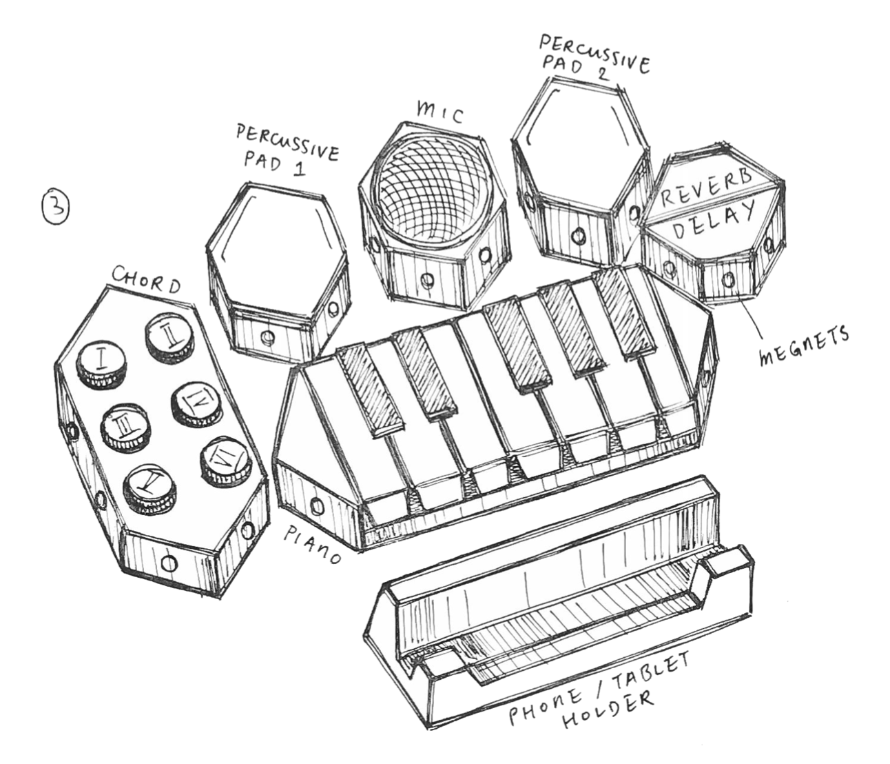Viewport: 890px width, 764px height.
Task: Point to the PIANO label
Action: click(314, 545)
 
